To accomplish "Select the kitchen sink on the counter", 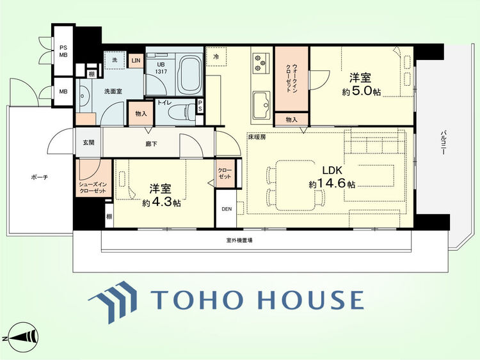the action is click(x=261, y=105).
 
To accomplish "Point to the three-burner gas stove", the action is click(x=261, y=63).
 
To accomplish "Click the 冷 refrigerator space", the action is click(x=216, y=56).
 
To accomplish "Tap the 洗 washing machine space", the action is click(x=115, y=60).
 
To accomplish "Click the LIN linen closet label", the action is click(x=136, y=61).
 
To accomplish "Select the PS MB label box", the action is click(x=63, y=51).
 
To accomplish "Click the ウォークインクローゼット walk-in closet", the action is click(x=291, y=79).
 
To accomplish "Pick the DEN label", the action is click(x=227, y=209).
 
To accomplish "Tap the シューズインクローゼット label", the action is click(x=93, y=187).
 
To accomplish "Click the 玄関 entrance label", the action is click(x=88, y=143).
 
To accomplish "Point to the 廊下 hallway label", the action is click(x=151, y=143).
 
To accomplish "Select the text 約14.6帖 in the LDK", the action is click(x=332, y=184).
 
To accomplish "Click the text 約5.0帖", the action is click(x=361, y=91).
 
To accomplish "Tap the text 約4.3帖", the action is click(x=161, y=203).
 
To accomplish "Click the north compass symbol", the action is click(x=21, y=338).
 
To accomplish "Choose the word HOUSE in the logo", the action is click(x=311, y=299).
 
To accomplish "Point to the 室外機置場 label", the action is click(x=239, y=240).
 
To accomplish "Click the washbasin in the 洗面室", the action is click(x=83, y=96).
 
